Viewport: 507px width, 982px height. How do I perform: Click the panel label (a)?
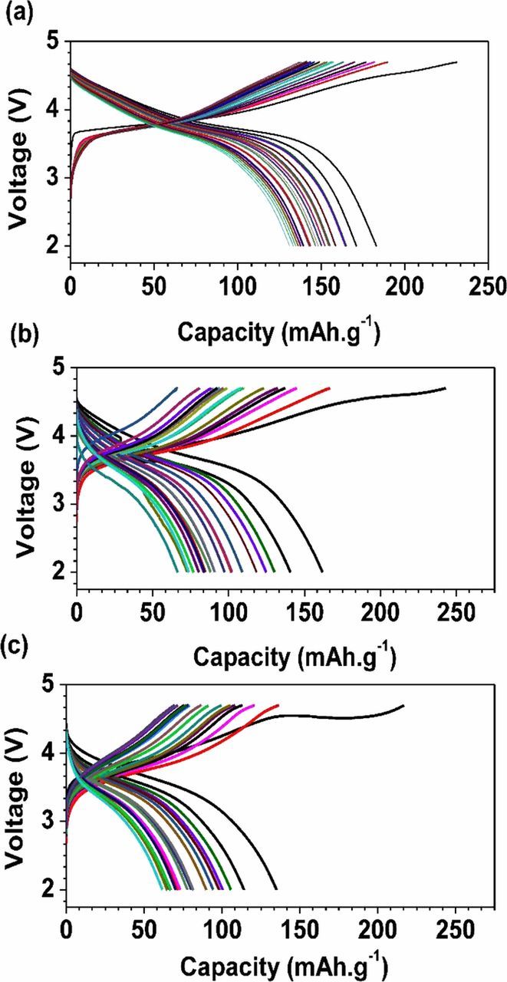click(x=16, y=13)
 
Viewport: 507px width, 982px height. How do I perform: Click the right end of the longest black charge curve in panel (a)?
click(x=457, y=62)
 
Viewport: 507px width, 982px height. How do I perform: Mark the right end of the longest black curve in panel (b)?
click(x=446, y=388)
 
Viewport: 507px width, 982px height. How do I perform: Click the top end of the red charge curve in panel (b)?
click(x=330, y=388)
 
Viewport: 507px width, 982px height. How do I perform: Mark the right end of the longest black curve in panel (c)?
click(x=403, y=705)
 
